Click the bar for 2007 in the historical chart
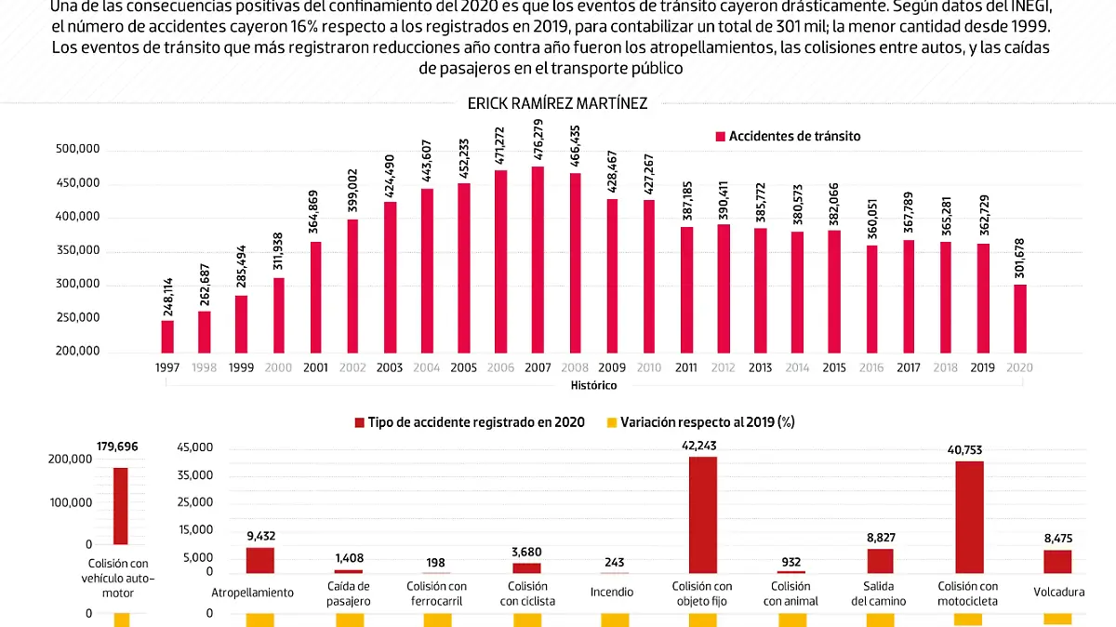coord(538,260)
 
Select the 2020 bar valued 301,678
coord(1020,317)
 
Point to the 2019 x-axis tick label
coord(983,367)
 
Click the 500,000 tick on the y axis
coord(78,150)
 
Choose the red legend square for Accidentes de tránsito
coord(720,137)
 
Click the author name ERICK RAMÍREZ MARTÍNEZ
coord(558,104)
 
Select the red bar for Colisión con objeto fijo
coord(702,514)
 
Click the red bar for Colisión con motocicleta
coord(969,516)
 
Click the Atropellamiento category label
coord(253,593)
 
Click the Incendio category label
coord(612,593)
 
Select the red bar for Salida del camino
coord(880,560)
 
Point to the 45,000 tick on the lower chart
coord(195,448)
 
